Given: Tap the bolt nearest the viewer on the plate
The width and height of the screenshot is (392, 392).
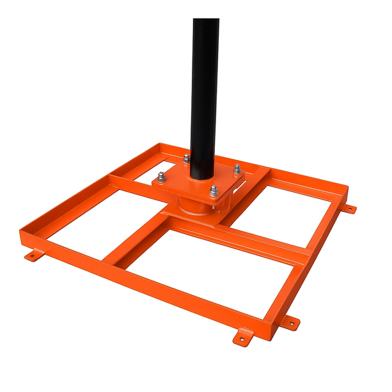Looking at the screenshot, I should (x=214, y=189).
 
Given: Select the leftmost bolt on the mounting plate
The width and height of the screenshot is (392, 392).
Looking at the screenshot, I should (x=161, y=176).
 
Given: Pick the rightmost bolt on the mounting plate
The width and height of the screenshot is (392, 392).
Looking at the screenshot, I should (x=237, y=169).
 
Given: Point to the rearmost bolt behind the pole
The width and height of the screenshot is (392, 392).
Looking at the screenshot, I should (x=186, y=159).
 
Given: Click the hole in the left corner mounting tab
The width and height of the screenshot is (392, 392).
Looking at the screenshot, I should (x=30, y=257).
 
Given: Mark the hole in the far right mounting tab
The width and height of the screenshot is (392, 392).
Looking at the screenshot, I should (x=350, y=209).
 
